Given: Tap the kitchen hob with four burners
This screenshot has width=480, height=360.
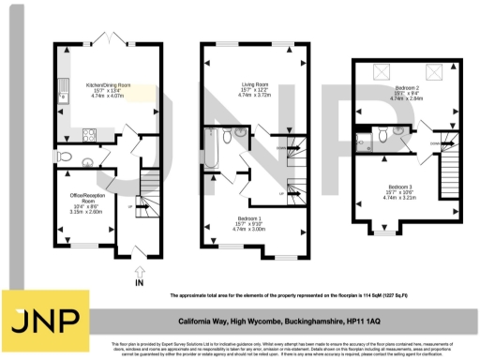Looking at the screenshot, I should click(92, 132).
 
